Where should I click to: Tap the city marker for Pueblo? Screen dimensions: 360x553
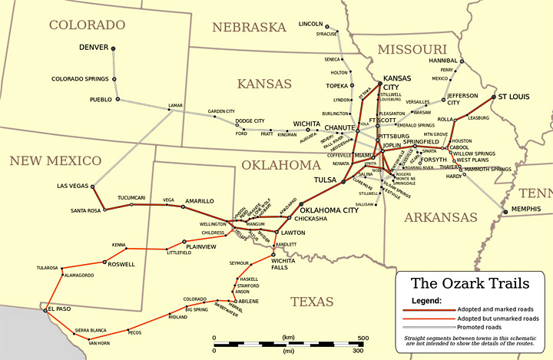coord(117,99)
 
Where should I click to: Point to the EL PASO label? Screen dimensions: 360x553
coord(59,309)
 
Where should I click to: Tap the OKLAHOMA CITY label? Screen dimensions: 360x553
coord(329,210)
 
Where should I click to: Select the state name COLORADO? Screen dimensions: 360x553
coord(87,25)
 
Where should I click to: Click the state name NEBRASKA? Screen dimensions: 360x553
coord(250,28)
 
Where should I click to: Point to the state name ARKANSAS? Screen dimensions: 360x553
coord(441,217)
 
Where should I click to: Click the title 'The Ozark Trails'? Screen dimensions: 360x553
coord(469,284)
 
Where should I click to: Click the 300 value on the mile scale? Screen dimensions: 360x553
coord(358,351)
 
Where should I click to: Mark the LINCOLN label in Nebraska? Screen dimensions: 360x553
coord(311,24)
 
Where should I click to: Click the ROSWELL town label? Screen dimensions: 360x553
coord(121,264)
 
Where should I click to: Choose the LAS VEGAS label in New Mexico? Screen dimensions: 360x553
coord(74,186)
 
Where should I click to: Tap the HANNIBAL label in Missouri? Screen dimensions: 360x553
coord(442,60)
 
